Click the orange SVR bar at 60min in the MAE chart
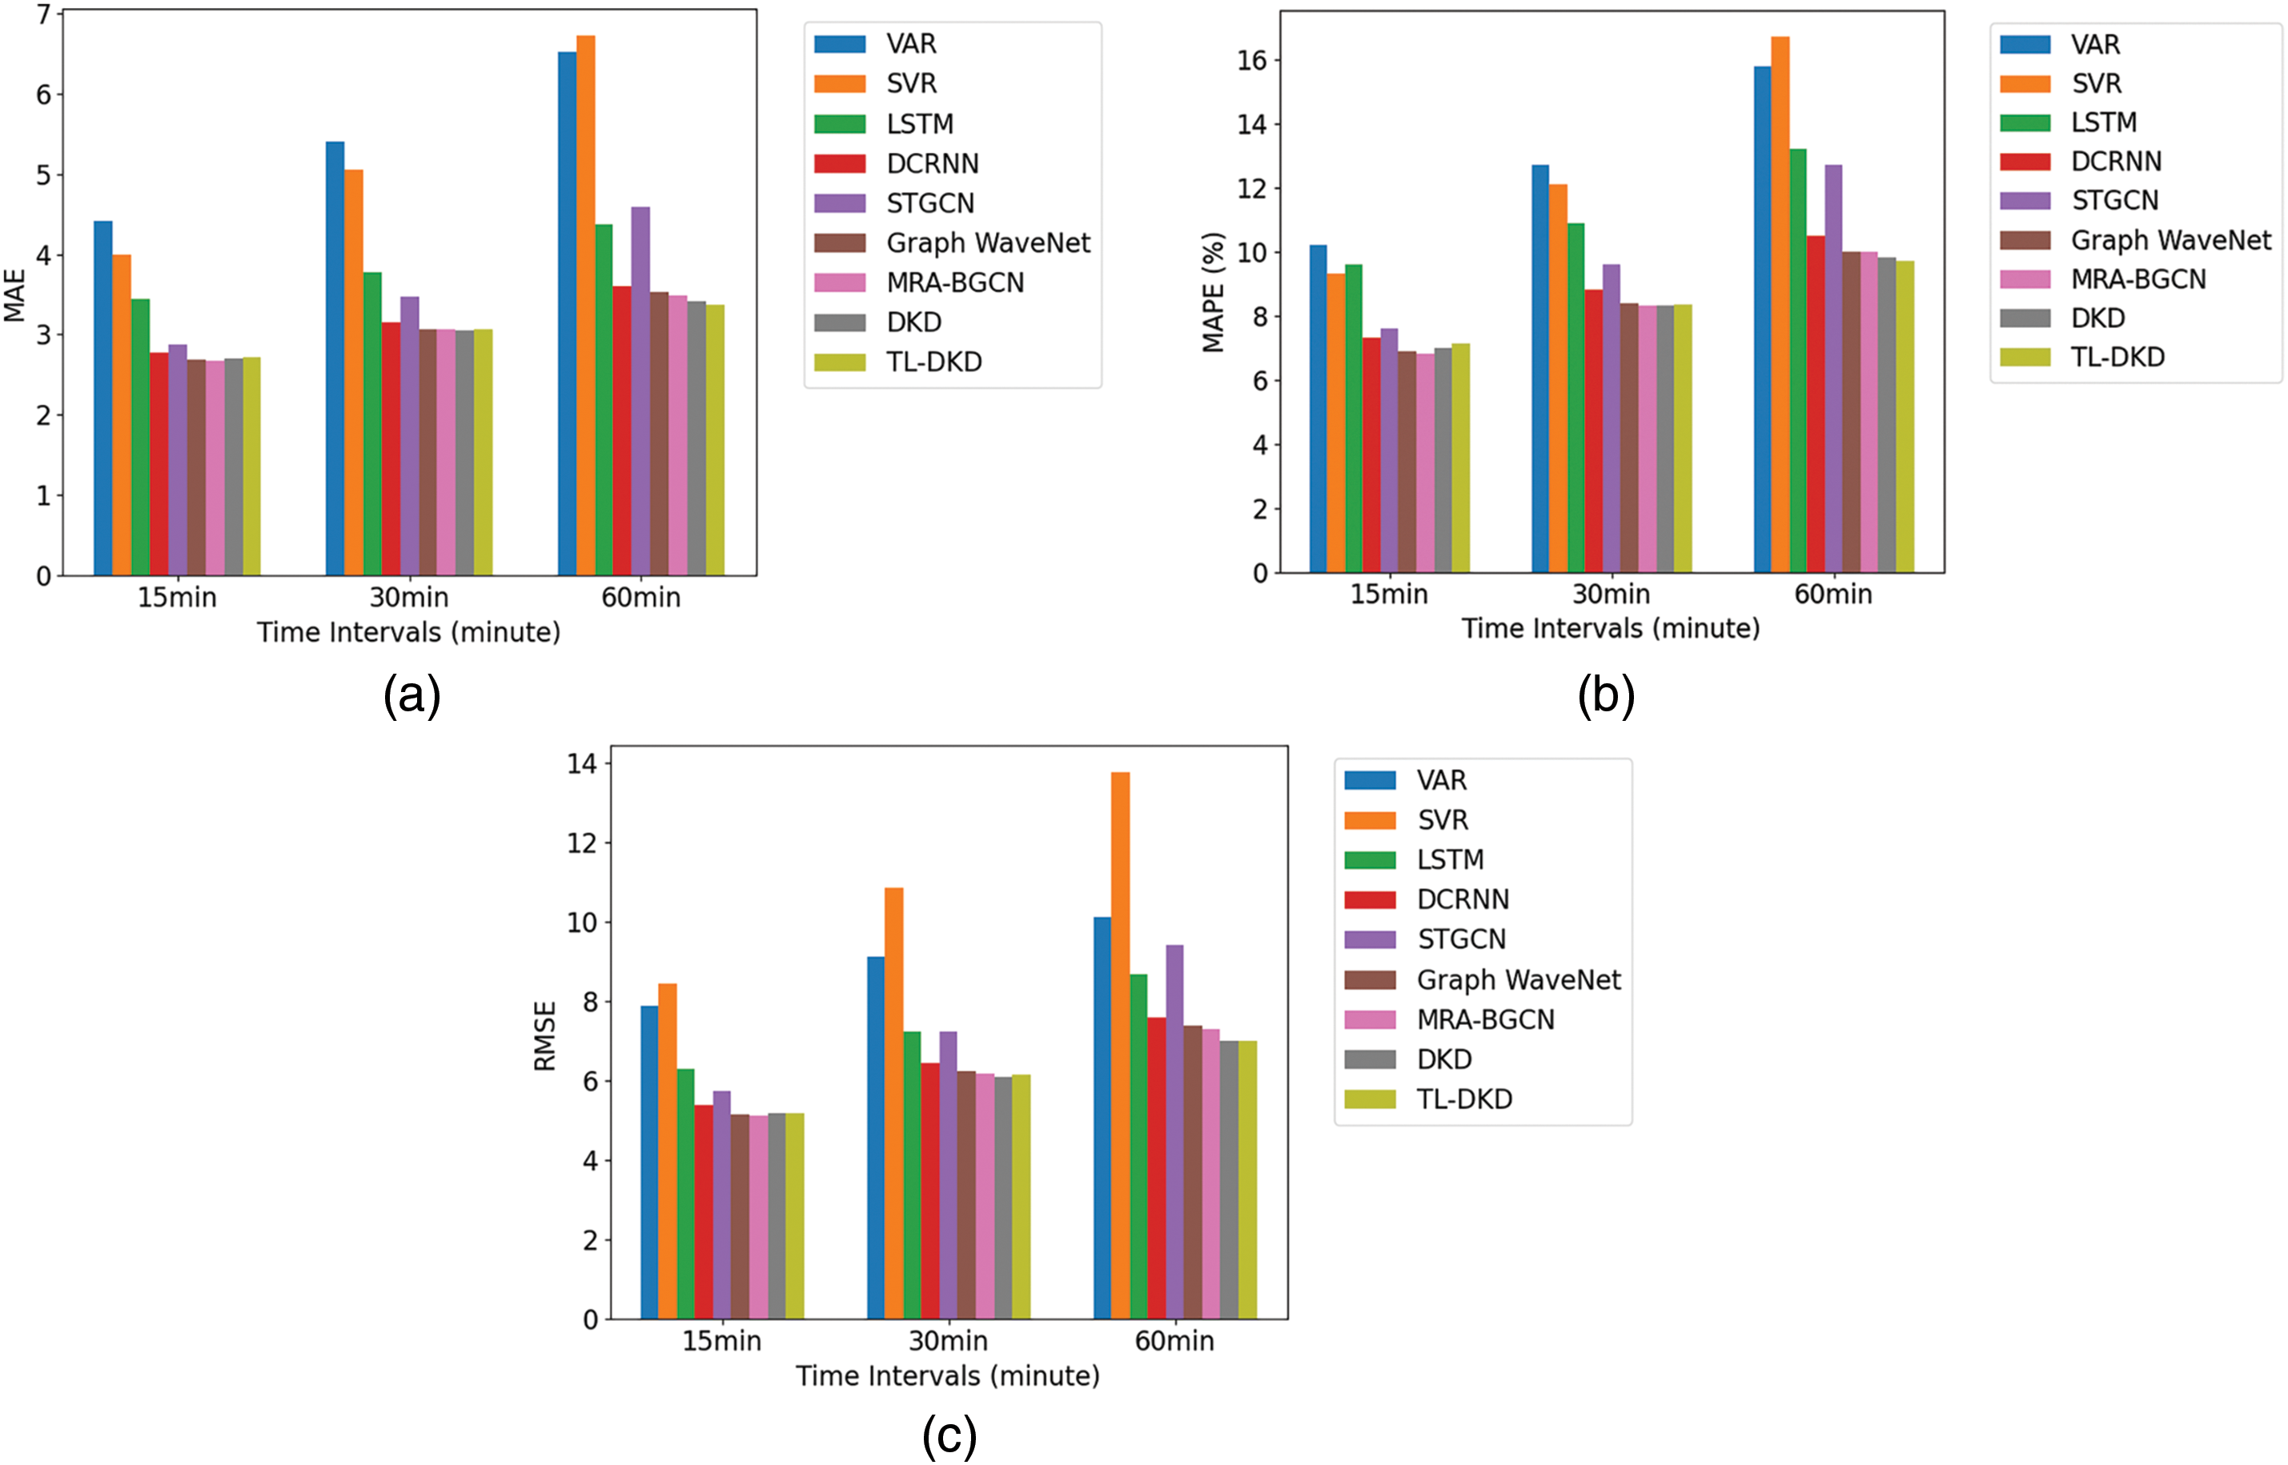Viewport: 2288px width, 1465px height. (585, 304)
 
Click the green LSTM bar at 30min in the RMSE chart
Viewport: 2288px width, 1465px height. (912, 1175)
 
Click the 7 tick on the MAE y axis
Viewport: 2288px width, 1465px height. (42, 15)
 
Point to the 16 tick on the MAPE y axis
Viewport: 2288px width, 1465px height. (1251, 61)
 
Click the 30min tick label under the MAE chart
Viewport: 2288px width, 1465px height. (409, 598)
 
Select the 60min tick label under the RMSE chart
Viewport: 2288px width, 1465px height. (1174, 1341)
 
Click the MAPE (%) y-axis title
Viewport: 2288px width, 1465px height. (1214, 292)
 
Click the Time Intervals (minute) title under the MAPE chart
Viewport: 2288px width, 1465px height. (1611, 629)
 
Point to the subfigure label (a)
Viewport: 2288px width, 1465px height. (411, 695)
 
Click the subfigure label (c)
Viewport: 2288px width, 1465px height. (949, 1435)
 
